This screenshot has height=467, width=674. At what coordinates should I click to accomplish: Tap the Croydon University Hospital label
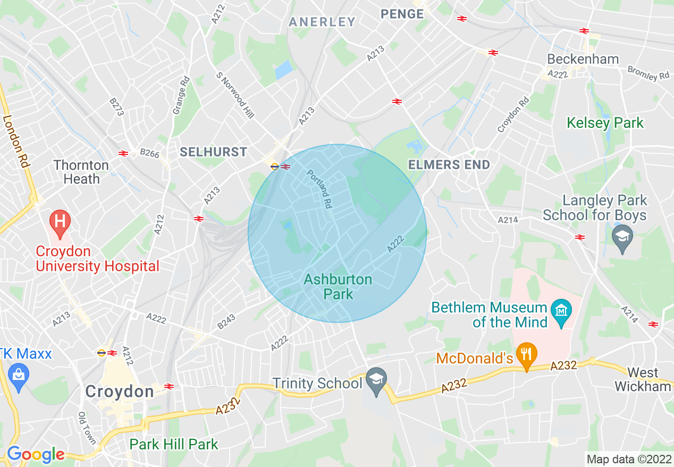coord(97,259)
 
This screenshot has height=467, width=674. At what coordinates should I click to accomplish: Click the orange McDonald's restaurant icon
coord(527,352)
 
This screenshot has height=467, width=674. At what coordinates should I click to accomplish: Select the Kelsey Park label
coord(605,123)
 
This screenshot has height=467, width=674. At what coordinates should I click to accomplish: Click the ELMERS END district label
coord(449,165)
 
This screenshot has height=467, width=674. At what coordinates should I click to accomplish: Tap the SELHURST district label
coord(213,152)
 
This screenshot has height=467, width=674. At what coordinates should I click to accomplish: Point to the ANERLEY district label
coord(322,22)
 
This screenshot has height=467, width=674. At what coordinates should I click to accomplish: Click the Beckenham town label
coord(583,59)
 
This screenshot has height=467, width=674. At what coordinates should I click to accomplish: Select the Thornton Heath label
coord(81,172)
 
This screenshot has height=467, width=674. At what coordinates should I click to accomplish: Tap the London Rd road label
coord(15,142)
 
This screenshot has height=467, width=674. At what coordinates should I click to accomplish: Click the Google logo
coord(35,455)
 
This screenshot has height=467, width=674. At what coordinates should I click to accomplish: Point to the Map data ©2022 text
coord(628,459)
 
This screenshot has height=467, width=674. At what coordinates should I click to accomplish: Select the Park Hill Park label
coord(174,444)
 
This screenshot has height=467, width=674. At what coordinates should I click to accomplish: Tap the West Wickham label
coord(643,379)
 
